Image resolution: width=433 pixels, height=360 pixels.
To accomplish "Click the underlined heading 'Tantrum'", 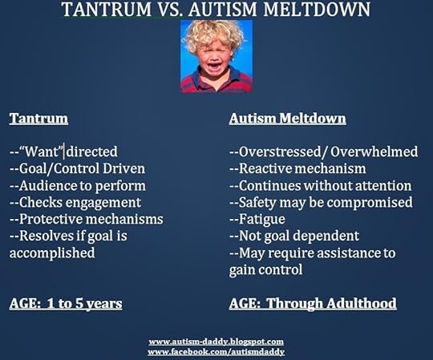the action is pos(38,119).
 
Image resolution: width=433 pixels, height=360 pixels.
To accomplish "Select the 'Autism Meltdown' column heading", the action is pos(288,119).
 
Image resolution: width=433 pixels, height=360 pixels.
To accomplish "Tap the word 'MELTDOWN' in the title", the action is pos(317,9).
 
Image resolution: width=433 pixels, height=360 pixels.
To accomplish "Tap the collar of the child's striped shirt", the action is pos(216,79).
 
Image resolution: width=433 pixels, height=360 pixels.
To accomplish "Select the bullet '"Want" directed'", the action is pos(63,152).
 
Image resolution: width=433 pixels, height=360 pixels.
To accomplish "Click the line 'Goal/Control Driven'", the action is pos(77,168).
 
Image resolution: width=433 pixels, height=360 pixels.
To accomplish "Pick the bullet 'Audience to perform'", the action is pos(78,186).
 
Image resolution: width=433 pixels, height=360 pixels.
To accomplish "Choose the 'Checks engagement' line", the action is pos(75,203).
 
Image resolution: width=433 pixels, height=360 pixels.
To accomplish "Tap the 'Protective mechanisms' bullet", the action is pos(86,219).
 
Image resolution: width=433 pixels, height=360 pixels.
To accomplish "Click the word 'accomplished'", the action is pos(52,253).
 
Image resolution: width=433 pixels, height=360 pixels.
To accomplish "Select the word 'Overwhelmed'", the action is pos(374,152).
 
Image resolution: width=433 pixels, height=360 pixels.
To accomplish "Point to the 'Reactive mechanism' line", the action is pos(297,168).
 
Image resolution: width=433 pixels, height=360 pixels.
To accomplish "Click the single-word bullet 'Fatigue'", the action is pos(257,220).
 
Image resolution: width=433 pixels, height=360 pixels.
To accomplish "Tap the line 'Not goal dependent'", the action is pos(294,237).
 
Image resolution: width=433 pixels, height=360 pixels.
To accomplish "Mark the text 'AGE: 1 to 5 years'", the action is pos(66,304).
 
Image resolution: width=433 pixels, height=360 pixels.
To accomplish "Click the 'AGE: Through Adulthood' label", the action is pos(313,304).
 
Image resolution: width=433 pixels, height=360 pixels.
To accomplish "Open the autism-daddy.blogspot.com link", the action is pos(216,342).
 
